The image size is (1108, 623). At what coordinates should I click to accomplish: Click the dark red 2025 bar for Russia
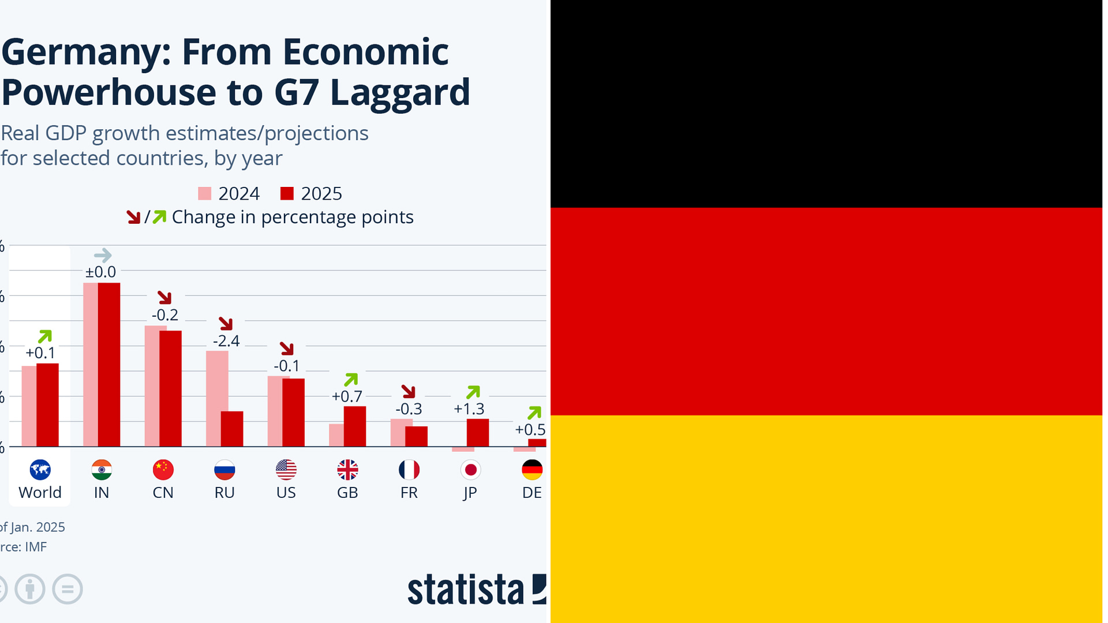pos(232,429)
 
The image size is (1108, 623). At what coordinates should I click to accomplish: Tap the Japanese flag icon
pos(470,470)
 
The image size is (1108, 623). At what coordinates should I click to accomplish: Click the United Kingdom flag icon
pos(347,470)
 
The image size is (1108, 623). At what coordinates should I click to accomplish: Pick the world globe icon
pos(40,470)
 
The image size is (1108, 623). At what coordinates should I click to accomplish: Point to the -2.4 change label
pos(226,341)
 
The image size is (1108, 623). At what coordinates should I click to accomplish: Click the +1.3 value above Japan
pos(469,409)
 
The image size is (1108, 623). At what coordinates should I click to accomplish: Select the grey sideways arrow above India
pos(103,255)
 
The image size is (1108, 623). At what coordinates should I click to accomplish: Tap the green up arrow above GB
pos(351,380)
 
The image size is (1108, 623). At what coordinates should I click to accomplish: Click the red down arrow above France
pos(409,392)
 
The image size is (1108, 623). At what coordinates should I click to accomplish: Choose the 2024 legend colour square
pos(205,193)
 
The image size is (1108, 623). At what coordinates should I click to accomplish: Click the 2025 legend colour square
pos(287,193)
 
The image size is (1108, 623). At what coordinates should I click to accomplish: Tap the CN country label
pos(163,493)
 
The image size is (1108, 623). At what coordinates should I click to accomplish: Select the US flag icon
pos(286,470)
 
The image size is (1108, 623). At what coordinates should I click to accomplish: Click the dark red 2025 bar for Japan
pos(478,433)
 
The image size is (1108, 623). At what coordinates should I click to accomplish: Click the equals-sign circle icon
pos(68,589)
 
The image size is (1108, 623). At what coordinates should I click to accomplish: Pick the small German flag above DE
pos(532,470)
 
